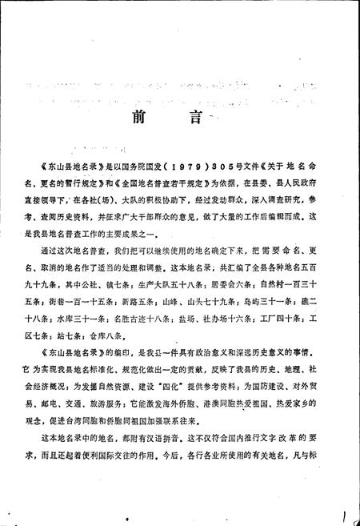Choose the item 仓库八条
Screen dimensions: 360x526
126,346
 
